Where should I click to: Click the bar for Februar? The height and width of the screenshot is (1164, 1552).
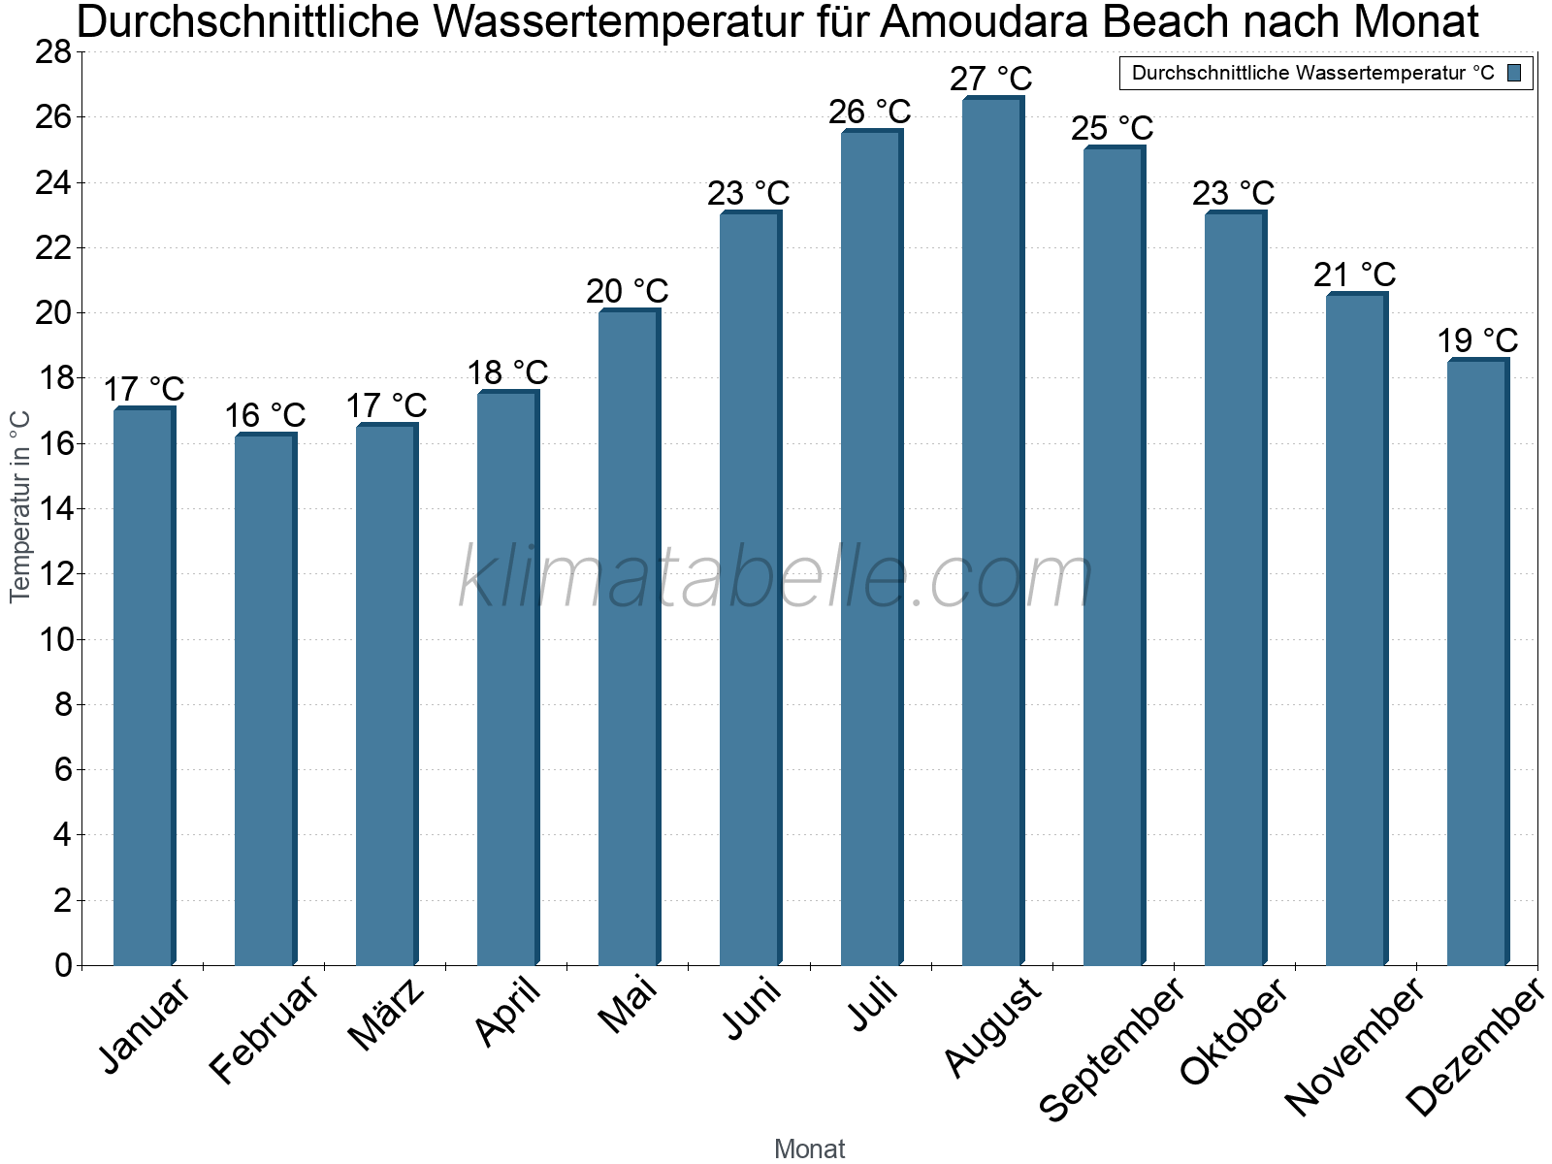(x=265, y=698)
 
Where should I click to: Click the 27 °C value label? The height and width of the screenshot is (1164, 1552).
(x=990, y=79)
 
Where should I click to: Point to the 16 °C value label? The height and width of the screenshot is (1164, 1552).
(x=265, y=416)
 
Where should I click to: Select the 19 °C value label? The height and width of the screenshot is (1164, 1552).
(x=1476, y=341)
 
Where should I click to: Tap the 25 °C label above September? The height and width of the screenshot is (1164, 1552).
(x=1112, y=128)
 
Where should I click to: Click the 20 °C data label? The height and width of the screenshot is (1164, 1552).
(x=627, y=291)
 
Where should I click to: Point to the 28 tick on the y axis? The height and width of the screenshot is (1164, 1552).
(x=53, y=52)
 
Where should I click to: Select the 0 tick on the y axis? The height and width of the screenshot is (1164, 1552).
(x=63, y=965)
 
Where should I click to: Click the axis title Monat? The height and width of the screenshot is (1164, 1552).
(x=809, y=1148)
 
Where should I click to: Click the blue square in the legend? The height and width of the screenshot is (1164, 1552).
(x=1514, y=73)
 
